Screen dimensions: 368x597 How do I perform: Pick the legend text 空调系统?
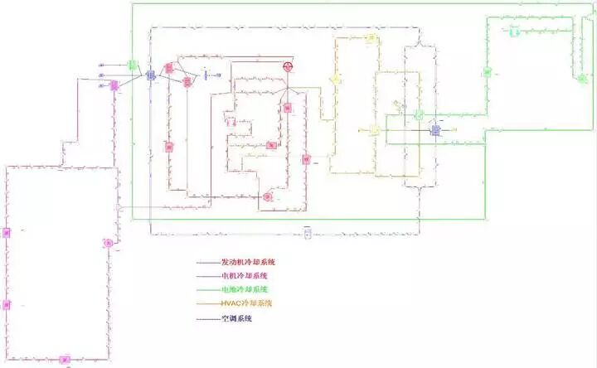(235, 317)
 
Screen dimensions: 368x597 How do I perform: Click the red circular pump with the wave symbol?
(288, 65)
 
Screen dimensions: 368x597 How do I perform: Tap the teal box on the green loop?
(514, 32)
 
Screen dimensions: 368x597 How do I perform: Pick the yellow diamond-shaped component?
(336, 79)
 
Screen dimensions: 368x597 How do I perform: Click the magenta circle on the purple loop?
(107, 243)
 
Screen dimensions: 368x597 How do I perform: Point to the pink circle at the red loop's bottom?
(267, 196)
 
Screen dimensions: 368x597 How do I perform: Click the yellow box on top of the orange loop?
(371, 38)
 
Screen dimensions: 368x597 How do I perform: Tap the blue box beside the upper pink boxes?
(151, 75)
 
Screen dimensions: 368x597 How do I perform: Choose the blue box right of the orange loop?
(434, 130)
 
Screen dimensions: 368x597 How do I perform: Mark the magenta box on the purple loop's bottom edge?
(65, 360)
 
